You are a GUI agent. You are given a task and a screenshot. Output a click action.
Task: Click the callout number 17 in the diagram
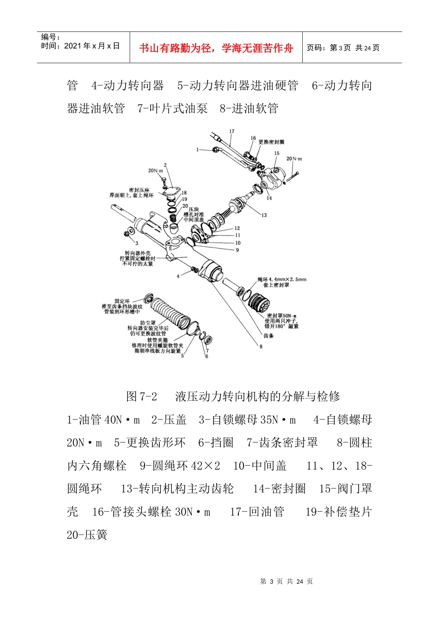[232, 131]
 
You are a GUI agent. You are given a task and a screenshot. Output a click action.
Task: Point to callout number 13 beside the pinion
[264, 215]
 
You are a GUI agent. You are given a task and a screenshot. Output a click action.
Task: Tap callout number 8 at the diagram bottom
[261, 347]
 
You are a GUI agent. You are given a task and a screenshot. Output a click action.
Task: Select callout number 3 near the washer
[137, 243]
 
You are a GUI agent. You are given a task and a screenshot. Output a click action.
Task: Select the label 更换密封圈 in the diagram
[271, 142]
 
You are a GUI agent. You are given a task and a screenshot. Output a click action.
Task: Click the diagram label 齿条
[268, 336]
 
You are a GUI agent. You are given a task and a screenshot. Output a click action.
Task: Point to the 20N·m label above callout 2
[156, 171]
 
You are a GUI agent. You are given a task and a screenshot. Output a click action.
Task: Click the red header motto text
[216, 48]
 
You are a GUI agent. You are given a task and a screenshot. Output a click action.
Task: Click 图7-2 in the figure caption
[141, 397]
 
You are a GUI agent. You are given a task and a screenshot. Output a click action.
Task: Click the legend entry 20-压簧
[87, 535]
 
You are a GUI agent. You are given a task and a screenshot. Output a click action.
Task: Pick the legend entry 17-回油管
[257, 512]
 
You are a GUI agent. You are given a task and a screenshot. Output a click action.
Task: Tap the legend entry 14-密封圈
[279, 489]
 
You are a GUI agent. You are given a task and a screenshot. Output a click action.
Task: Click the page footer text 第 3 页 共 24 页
[287, 582]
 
